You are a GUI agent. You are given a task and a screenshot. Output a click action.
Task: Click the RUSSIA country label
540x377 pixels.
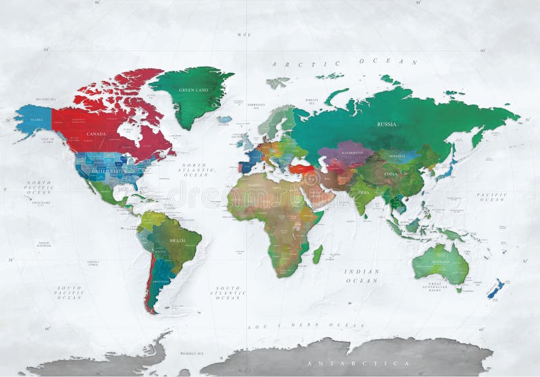click(x=387, y=124)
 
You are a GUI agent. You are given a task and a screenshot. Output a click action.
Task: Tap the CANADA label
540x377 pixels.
click(x=97, y=134)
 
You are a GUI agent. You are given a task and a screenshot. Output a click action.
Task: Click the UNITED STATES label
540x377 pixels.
click(x=108, y=171)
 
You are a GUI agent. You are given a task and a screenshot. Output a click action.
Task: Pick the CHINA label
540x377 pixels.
click(x=391, y=174)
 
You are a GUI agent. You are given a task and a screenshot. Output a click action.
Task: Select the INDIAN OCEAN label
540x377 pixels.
click(x=362, y=276)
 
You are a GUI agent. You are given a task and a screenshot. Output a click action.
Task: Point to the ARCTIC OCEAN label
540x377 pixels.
click(x=345, y=63)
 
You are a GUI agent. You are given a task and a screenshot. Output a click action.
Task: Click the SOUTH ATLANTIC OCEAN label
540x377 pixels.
click(x=227, y=293)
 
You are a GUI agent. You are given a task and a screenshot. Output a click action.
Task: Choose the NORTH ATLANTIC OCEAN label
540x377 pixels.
click(x=197, y=170)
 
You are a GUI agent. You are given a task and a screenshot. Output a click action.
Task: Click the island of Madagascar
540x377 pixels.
click(x=317, y=254)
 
